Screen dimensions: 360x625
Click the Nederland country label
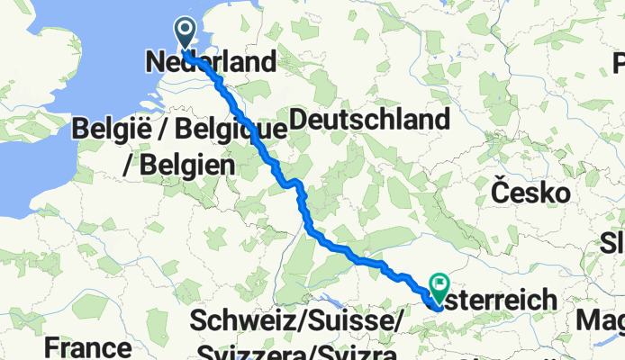click(x=210, y=62)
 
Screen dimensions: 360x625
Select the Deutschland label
click(x=370, y=119)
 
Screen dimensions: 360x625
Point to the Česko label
click(x=530, y=192)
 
